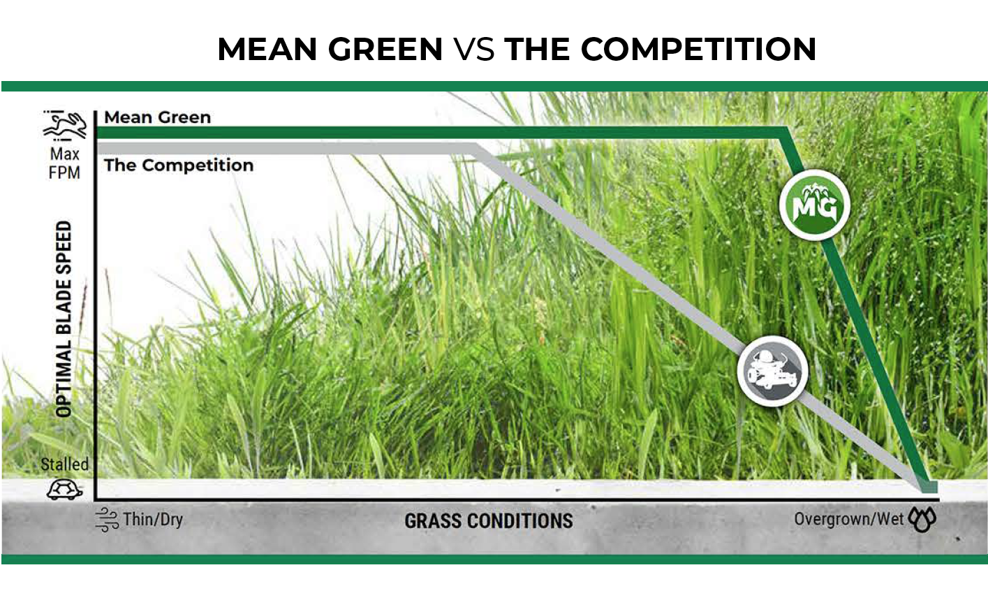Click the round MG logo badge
coord(814,205)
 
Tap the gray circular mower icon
coord(772,371)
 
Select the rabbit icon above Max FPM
coord(65,125)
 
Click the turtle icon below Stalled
coord(65,489)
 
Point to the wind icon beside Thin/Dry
coord(108,520)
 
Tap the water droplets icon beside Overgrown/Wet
coord(922,520)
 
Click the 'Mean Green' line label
coord(158,117)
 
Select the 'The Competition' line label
coord(179,165)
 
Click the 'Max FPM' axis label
coord(64,163)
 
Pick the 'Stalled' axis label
coord(65,465)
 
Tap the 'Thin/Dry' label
coord(153,520)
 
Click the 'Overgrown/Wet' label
coord(849,519)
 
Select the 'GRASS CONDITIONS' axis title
coord(489,521)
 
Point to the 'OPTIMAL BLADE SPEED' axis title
coord(64,319)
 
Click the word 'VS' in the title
coord(474,49)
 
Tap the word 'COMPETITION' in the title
coord(698,49)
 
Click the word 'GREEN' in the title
coord(385,49)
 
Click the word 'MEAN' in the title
coord(267,49)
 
